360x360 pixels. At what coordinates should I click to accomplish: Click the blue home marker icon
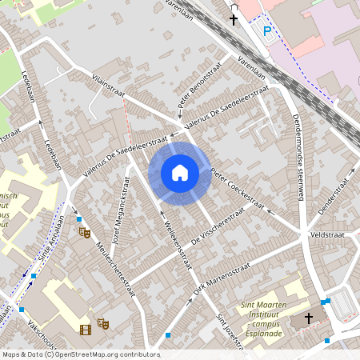click(180, 172)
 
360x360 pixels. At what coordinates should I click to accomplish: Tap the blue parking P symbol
click(268, 32)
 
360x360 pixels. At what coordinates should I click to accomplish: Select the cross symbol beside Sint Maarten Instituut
click(309, 318)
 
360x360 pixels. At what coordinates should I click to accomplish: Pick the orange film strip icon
click(85, 328)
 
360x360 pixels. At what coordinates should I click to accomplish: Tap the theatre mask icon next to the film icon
click(102, 324)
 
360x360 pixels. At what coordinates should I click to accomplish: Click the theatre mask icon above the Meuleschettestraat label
click(83, 232)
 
